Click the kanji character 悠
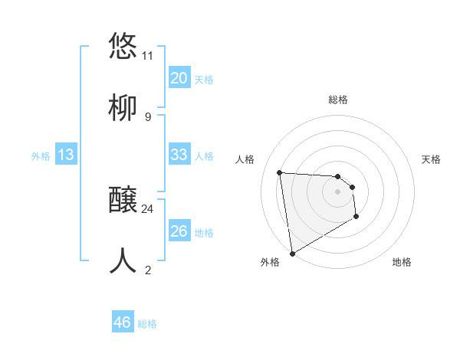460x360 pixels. pos(123,46)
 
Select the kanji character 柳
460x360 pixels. pos(123,107)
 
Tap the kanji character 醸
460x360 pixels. pos(123,201)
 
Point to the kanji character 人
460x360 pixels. pos(123,260)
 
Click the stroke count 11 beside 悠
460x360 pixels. pos(147,56)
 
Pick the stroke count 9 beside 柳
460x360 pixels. pos(147,117)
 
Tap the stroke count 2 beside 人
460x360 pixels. pos(147,270)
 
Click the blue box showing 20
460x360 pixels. pos(179,78)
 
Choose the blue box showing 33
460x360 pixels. pos(179,155)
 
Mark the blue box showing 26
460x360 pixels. pos(179,231)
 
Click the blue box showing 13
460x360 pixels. pos(66,155)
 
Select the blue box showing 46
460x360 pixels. pos(122,322)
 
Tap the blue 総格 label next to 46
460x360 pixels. pos(147,324)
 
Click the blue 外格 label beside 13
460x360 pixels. pos(41,156)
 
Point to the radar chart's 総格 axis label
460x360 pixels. pos(338,100)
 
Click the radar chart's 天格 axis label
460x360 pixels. pos(431,159)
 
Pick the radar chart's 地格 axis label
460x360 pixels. pos(402,262)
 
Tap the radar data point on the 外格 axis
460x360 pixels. pos(291,253)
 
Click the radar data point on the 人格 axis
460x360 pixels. pos(280,172)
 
